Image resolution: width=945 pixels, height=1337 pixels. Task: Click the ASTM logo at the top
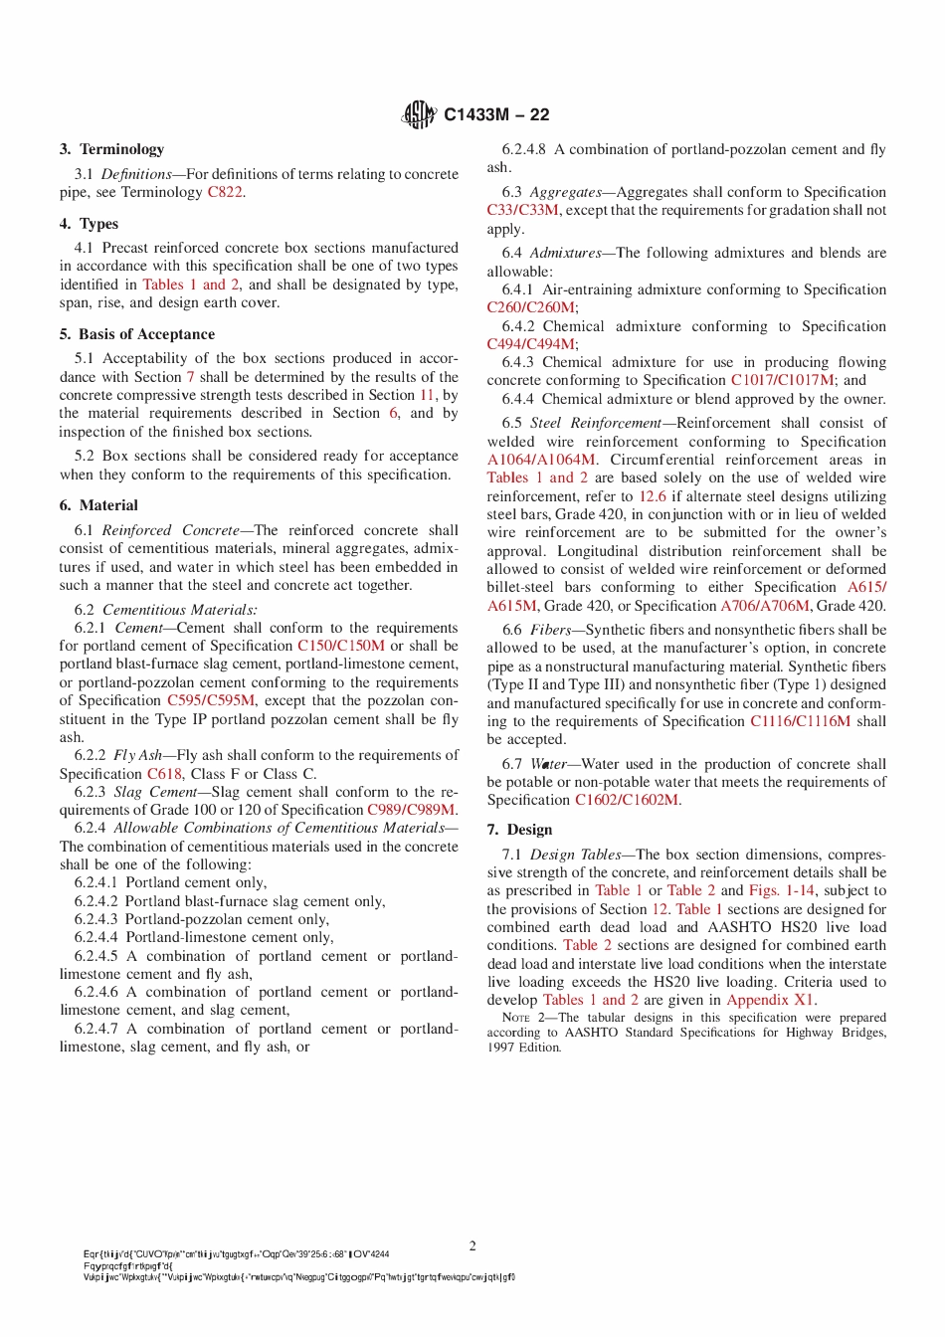tap(419, 114)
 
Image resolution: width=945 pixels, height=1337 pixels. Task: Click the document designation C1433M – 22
tap(496, 114)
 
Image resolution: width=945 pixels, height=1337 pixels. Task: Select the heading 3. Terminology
tap(111, 149)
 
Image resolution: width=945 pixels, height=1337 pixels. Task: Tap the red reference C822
tap(225, 192)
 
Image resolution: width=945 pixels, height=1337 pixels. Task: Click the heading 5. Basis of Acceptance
tap(136, 334)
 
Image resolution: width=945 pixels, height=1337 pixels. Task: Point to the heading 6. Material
tap(98, 505)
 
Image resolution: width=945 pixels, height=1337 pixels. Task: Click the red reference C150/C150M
tap(340, 646)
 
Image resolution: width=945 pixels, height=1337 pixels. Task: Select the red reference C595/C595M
tap(210, 700)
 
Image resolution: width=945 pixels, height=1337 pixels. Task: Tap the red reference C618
tap(164, 774)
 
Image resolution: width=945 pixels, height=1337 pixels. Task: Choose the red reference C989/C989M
tap(411, 810)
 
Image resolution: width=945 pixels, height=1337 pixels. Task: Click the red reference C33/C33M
tap(522, 210)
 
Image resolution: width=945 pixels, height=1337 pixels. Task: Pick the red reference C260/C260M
tap(530, 307)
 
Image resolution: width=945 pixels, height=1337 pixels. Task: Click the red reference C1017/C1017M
tap(782, 380)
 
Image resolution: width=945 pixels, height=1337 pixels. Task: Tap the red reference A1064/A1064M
tap(541, 460)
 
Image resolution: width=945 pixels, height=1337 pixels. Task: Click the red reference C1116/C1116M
tap(800, 721)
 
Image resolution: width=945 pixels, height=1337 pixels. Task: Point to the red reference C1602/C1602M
tap(627, 800)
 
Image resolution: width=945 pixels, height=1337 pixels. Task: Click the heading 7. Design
tap(519, 830)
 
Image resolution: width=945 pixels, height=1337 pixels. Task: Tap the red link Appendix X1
tap(770, 1000)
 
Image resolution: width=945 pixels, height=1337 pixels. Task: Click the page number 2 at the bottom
tap(472, 1245)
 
